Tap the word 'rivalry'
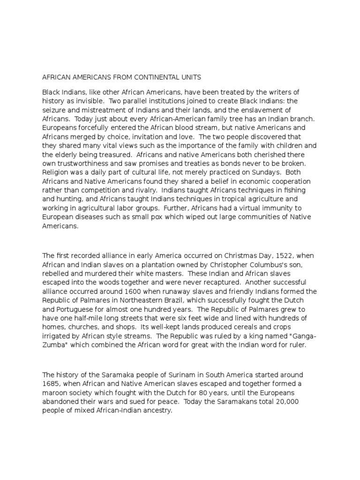coord(158,190)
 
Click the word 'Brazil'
coord(192,301)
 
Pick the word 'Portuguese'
coord(74,310)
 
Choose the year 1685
coord(51,384)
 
